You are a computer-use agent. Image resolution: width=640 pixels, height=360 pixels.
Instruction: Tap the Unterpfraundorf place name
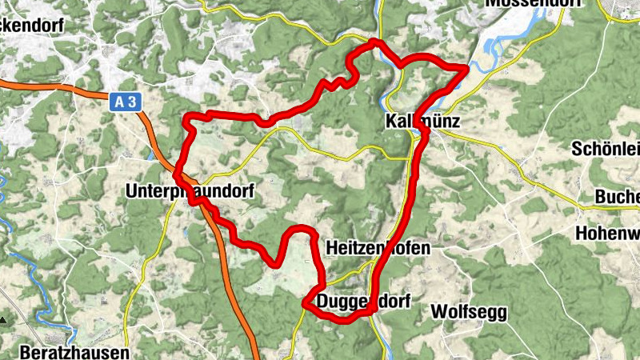pos(190,191)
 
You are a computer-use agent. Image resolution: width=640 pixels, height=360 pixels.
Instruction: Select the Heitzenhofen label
pos(378,248)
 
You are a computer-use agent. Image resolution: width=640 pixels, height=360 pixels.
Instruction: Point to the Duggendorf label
pos(363,302)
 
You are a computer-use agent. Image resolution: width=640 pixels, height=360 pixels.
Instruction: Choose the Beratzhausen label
pos(62,351)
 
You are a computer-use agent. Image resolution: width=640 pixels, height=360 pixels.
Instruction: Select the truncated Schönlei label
pos(606,149)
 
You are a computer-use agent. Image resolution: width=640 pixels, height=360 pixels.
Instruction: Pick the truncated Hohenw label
pos(607,234)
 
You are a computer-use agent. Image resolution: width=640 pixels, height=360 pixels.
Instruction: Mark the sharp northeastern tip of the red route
pos(465,69)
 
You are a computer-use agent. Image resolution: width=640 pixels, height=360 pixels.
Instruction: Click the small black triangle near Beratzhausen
pos(4,319)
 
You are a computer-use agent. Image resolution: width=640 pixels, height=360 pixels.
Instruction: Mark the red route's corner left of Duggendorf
pos(305,303)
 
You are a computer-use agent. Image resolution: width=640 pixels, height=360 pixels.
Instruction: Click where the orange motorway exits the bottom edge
pos(257,357)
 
